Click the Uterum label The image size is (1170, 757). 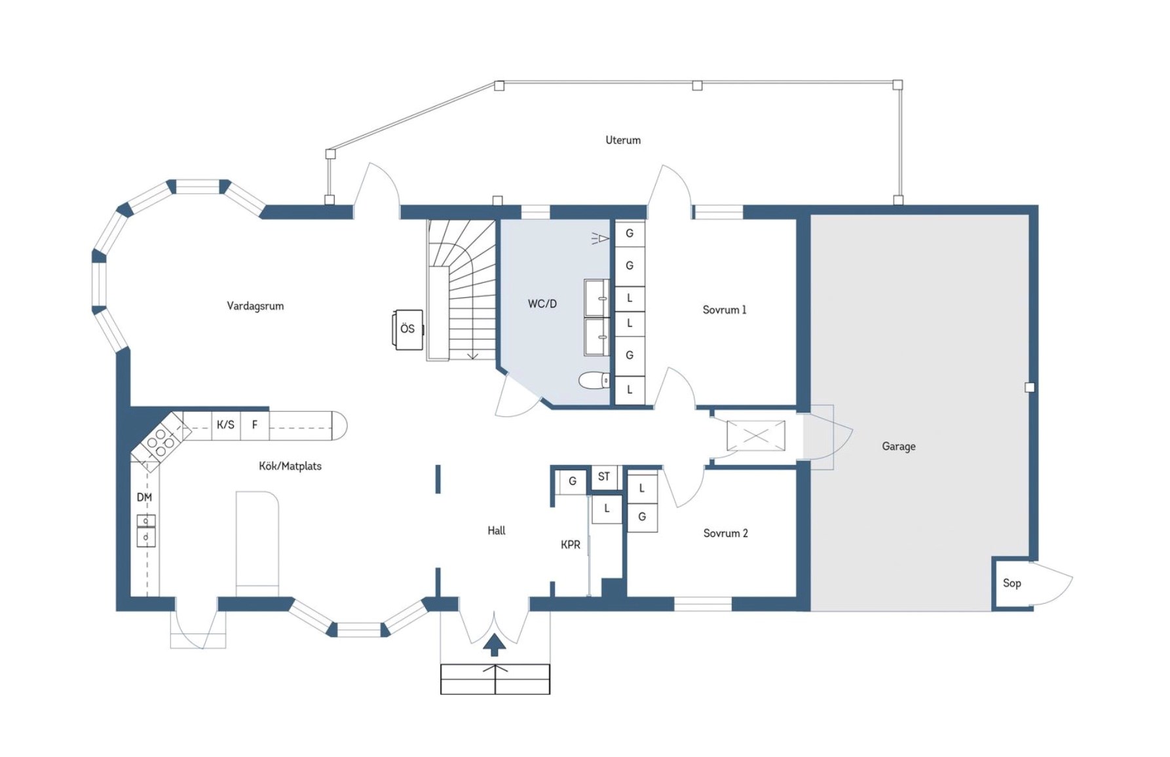pos(623,140)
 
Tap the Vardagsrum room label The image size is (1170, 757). pos(255,306)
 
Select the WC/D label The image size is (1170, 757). pos(542,304)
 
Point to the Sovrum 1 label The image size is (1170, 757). pos(725,310)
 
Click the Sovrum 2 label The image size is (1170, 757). pos(725,533)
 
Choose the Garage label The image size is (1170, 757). pos(899,447)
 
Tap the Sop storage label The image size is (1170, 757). pos(1012,583)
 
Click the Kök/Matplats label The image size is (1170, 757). pos(290,466)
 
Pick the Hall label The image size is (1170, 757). pos(497,530)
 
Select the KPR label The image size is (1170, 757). pos(571,544)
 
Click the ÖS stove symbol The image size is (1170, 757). pos(407,329)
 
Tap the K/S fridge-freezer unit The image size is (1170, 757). pos(226,425)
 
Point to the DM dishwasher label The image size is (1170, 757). pos(145,498)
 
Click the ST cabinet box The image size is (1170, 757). pos(604,477)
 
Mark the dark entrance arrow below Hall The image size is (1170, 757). pos(495,644)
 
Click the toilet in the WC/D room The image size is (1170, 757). pos(595,380)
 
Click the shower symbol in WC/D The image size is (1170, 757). pos(600,238)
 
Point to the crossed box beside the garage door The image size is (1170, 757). pos(756,435)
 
